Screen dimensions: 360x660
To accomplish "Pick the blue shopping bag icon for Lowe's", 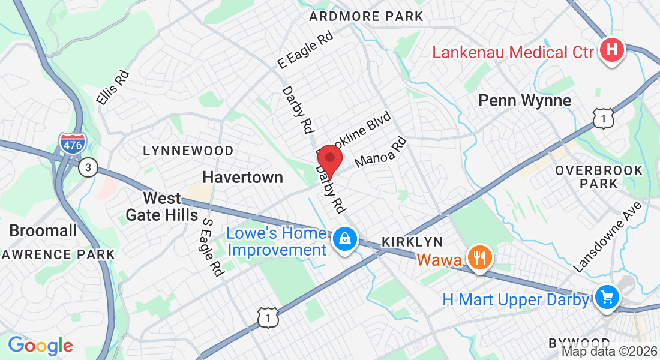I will coord(346,239).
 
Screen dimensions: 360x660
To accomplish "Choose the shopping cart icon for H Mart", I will coord(607,296).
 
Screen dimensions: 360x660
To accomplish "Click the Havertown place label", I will coord(242,177).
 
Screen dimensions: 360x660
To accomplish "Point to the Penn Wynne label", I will coord(524,100).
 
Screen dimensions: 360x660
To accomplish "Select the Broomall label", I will coord(43,230).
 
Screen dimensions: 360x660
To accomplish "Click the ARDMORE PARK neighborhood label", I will coord(366,16).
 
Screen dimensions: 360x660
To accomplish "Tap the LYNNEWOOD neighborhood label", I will coord(188,151).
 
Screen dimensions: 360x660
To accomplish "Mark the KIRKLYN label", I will coord(412,242).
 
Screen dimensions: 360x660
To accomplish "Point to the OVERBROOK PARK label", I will coord(598,176).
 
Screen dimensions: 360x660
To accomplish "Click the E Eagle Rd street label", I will coord(305,50).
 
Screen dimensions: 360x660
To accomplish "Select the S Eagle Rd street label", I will coord(210,247).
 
